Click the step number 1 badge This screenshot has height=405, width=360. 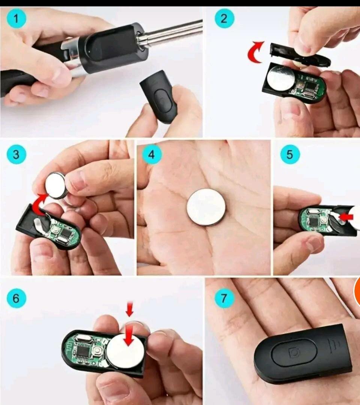[16, 18]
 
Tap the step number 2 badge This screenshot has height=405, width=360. [224, 18]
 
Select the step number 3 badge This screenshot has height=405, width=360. [16, 155]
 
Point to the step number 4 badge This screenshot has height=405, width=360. [152, 155]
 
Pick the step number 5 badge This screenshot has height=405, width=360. [290, 155]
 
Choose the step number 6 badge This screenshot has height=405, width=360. [16, 298]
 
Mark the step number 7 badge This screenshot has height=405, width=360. [224, 298]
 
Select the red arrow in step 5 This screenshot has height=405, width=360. [346, 217]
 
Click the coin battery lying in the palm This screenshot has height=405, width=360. [206, 207]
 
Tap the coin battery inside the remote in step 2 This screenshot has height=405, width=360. [280, 78]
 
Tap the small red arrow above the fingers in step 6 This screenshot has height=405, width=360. [129, 309]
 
